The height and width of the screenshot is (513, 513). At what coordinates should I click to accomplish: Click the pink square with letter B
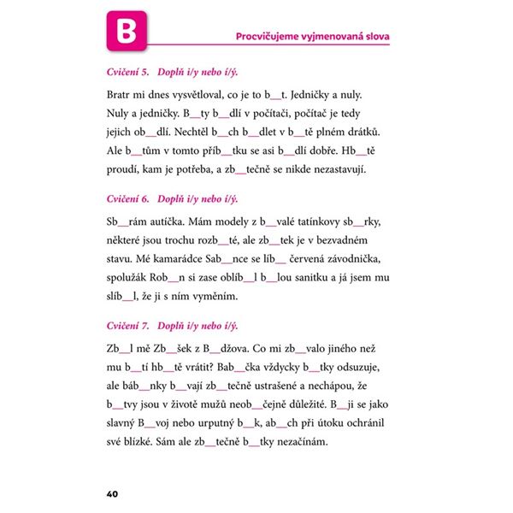(127, 31)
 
